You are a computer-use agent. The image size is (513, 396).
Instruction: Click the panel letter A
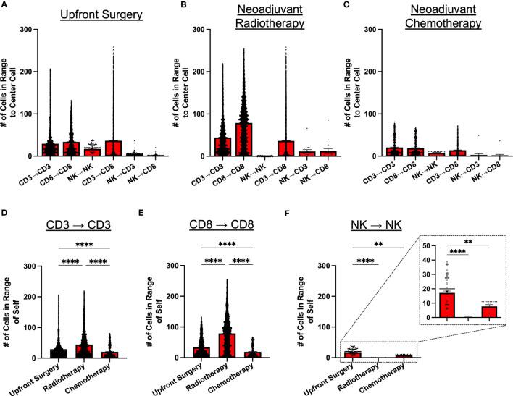pos(5,7)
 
